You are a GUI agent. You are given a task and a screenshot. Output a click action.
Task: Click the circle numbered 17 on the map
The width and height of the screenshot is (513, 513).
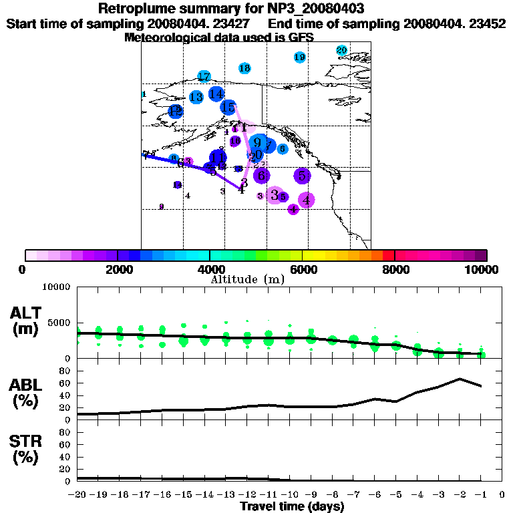[204, 77]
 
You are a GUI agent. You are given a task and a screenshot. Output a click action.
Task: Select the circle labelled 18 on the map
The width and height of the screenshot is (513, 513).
[244, 68]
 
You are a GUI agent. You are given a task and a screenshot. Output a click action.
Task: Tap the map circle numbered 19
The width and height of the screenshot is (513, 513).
[300, 57]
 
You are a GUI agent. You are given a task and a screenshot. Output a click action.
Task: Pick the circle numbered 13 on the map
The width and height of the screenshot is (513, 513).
[196, 97]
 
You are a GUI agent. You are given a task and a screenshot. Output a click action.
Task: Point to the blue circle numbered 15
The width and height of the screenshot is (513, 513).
[228, 107]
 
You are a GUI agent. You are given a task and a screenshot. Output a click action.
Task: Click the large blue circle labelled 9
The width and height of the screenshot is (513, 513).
[257, 142]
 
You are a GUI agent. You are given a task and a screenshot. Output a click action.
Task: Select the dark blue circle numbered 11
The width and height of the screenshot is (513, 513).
[218, 158]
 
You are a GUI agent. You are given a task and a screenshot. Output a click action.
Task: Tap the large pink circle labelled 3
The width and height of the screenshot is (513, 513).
[274, 195]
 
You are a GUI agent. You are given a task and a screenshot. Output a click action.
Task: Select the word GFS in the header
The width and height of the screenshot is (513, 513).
[301, 38]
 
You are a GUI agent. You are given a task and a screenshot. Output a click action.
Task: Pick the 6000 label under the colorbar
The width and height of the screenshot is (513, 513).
[302, 269]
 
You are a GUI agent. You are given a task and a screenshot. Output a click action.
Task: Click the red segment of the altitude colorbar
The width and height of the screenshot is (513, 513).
[388, 255]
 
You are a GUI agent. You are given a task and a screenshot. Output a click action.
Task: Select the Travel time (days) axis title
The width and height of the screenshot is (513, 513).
[292, 507]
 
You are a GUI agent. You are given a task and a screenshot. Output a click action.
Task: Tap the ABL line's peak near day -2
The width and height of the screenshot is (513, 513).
[460, 379]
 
